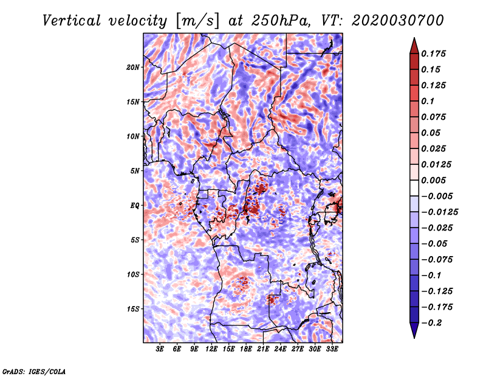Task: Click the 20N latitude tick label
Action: pyautogui.click(x=133, y=68)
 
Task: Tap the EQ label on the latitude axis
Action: pyautogui.click(x=134, y=206)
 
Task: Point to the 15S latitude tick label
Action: pyautogui.click(x=133, y=309)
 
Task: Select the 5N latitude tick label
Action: pyautogui.click(x=135, y=171)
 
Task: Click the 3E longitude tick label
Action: pyautogui.click(x=160, y=349)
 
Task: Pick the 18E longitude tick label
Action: pyautogui.click(x=246, y=349)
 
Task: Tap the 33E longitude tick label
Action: pyautogui.click(x=332, y=349)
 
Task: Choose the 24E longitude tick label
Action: pyautogui.click(x=280, y=349)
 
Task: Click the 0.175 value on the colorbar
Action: pyautogui.click(x=433, y=54)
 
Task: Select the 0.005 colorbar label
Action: pyautogui.click(x=433, y=180)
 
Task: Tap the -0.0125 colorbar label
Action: pyautogui.click(x=439, y=212)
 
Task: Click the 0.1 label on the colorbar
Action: pyautogui.click(x=428, y=101)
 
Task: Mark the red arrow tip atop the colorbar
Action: pyautogui.click(x=414, y=38)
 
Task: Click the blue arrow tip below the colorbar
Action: pyautogui.click(x=414, y=338)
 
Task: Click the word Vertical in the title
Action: pyautogui.click(x=72, y=21)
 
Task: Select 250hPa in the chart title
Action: pyautogui.click(x=281, y=21)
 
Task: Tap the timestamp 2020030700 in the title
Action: pyautogui.click(x=398, y=21)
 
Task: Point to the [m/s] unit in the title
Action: pyautogui.click(x=197, y=21)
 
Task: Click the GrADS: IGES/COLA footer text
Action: pyautogui.click(x=34, y=372)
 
